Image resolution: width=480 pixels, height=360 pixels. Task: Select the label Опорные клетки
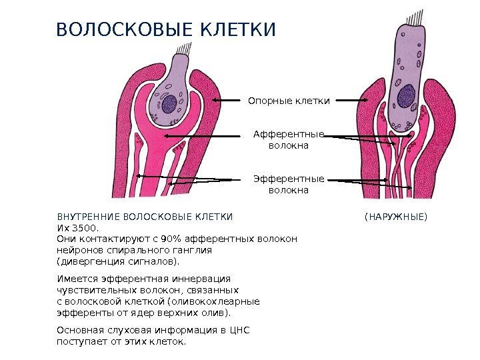(x=289, y=101)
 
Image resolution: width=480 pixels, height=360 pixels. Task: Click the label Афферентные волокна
(x=289, y=139)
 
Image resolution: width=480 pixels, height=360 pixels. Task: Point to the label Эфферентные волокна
(x=289, y=184)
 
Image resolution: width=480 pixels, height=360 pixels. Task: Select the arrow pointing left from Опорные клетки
(x=227, y=101)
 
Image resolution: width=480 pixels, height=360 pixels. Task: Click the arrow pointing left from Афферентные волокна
(x=200, y=135)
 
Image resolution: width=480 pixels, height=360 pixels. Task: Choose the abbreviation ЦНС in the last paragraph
(x=239, y=330)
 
